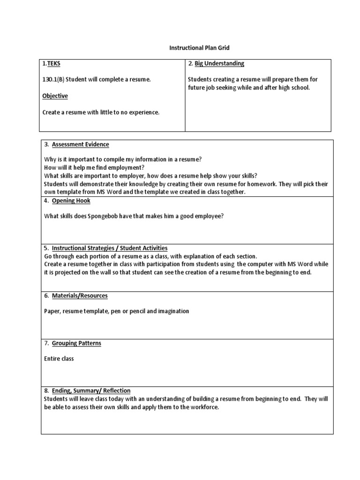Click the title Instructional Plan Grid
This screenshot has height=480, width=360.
pyautogui.click(x=199, y=48)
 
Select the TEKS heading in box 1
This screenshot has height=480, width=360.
pyautogui.click(x=53, y=64)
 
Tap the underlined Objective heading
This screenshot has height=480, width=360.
pyautogui.click(x=55, y=96)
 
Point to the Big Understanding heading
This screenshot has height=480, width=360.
pyautogui.click(x=219, y=64)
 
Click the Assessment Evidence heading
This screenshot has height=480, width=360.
pyautogui.click(x=80, y=144)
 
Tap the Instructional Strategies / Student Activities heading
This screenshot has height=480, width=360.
pyautogui.click(x=109, y=248)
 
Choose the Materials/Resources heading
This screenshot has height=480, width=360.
pyautogui.click(x=80, y=296)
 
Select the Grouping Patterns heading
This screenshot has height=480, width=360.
pyautogui.click(x=76, y=343)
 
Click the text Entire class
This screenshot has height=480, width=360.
pyautogui.click(x=59, y=359)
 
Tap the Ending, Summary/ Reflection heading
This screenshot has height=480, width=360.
pyautogui.click(x=91, y=390)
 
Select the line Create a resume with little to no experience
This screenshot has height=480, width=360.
pyautogui.click(x=101, y=112)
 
